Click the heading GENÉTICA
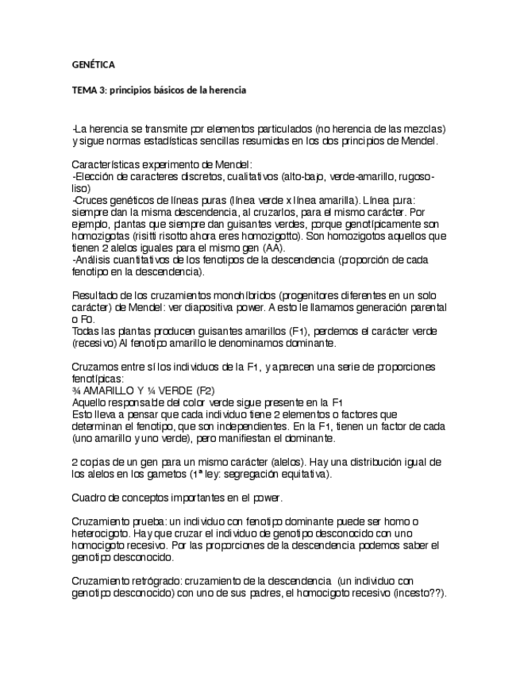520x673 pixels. [x=93, y=63]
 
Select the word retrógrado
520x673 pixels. [x=160, y=581]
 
